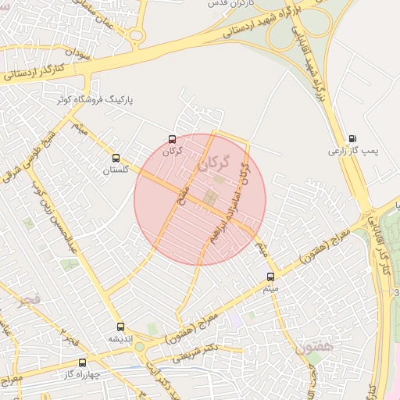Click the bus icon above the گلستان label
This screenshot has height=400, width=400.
click(116, 157)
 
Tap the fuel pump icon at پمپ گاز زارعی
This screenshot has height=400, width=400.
click(352, 138)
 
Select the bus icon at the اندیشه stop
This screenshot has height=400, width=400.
click(120, 327)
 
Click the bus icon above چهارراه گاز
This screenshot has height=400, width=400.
click(82, 363)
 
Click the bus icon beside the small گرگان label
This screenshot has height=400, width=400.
click(172, 139)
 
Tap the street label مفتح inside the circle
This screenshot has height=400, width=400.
click(181, 188)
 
